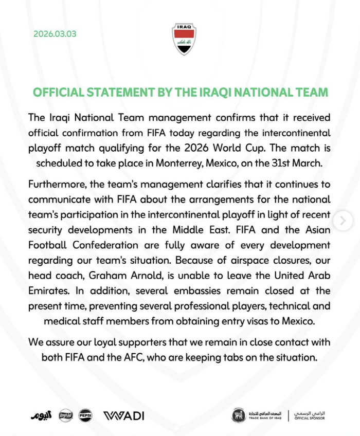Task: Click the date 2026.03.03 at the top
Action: point(55,34)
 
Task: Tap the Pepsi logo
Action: point(85,415)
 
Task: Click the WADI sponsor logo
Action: point(124,415)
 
